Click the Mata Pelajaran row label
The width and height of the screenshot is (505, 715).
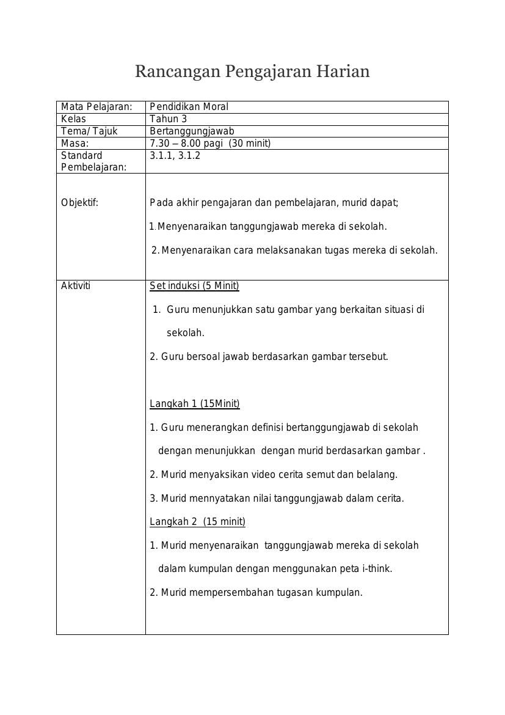(96, 107)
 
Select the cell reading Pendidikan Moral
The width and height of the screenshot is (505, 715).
(189, 107)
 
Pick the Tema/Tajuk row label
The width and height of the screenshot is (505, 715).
(89, 131)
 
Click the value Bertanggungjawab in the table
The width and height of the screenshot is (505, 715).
(192, 131)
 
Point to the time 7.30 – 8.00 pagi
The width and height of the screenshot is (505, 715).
(186, 144)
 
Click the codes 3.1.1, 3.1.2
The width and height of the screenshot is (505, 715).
(175, 156)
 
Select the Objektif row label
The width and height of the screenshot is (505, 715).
(79, 203)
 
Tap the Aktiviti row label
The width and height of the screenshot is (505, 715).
(76, 286)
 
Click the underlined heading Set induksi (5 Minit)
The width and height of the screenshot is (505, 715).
(194, 286)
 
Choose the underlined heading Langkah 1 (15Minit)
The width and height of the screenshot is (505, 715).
(194, 404)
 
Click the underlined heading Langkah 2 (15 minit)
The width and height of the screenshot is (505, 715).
(197, 522)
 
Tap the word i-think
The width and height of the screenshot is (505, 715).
(376, 569)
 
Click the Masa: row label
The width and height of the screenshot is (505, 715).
(75, 144)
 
